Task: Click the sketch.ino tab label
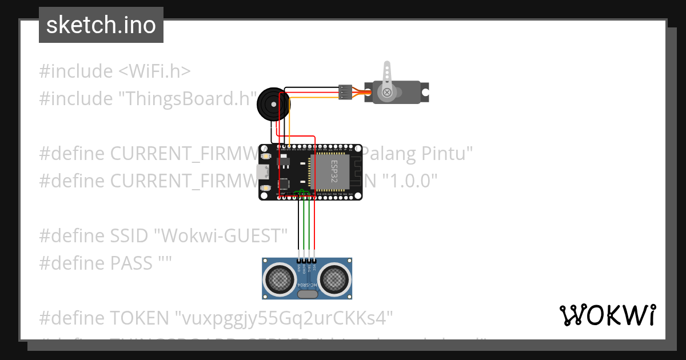pyautogui.click(x=101, y=25)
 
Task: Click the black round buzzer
pyautogui.click(x=271, y=103)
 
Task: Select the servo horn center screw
pyautogui.click(x=388, y=92)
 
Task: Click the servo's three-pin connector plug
pyautogui.click(x=345, y=91)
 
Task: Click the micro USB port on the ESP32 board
pyautogui.click(x=263, y=171)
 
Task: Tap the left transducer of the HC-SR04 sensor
pyautogui.click(x=279, y=279)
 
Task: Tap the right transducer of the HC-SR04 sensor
pyautogui.click(x=334, y=279)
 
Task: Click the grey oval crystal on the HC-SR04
pyautogui.click(x=307, y=294)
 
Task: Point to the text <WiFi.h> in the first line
pyautogui.click(x=154, y=71)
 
